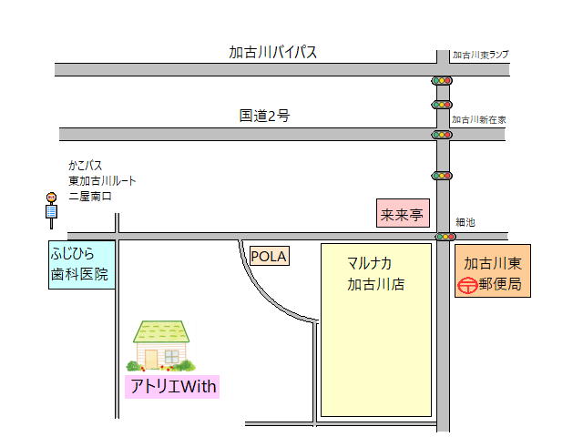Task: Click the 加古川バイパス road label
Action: (272, 52)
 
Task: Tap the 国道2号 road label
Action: (264, 116)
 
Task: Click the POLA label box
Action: (268, 257)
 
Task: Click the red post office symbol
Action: (465, 285)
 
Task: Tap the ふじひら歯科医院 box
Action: (83, 264)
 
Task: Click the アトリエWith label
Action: (173, 387)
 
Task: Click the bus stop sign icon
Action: (51, 209)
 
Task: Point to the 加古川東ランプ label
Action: (480, 55)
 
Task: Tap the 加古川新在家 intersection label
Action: (479, 119)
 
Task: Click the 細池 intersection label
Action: (465, 223)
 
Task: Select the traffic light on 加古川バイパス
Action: (442, 81)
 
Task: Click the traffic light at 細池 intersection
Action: (445, 237)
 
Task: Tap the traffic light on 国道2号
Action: (442, 135)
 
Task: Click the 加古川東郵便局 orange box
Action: (492, 273)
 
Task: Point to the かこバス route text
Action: (101, 180)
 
